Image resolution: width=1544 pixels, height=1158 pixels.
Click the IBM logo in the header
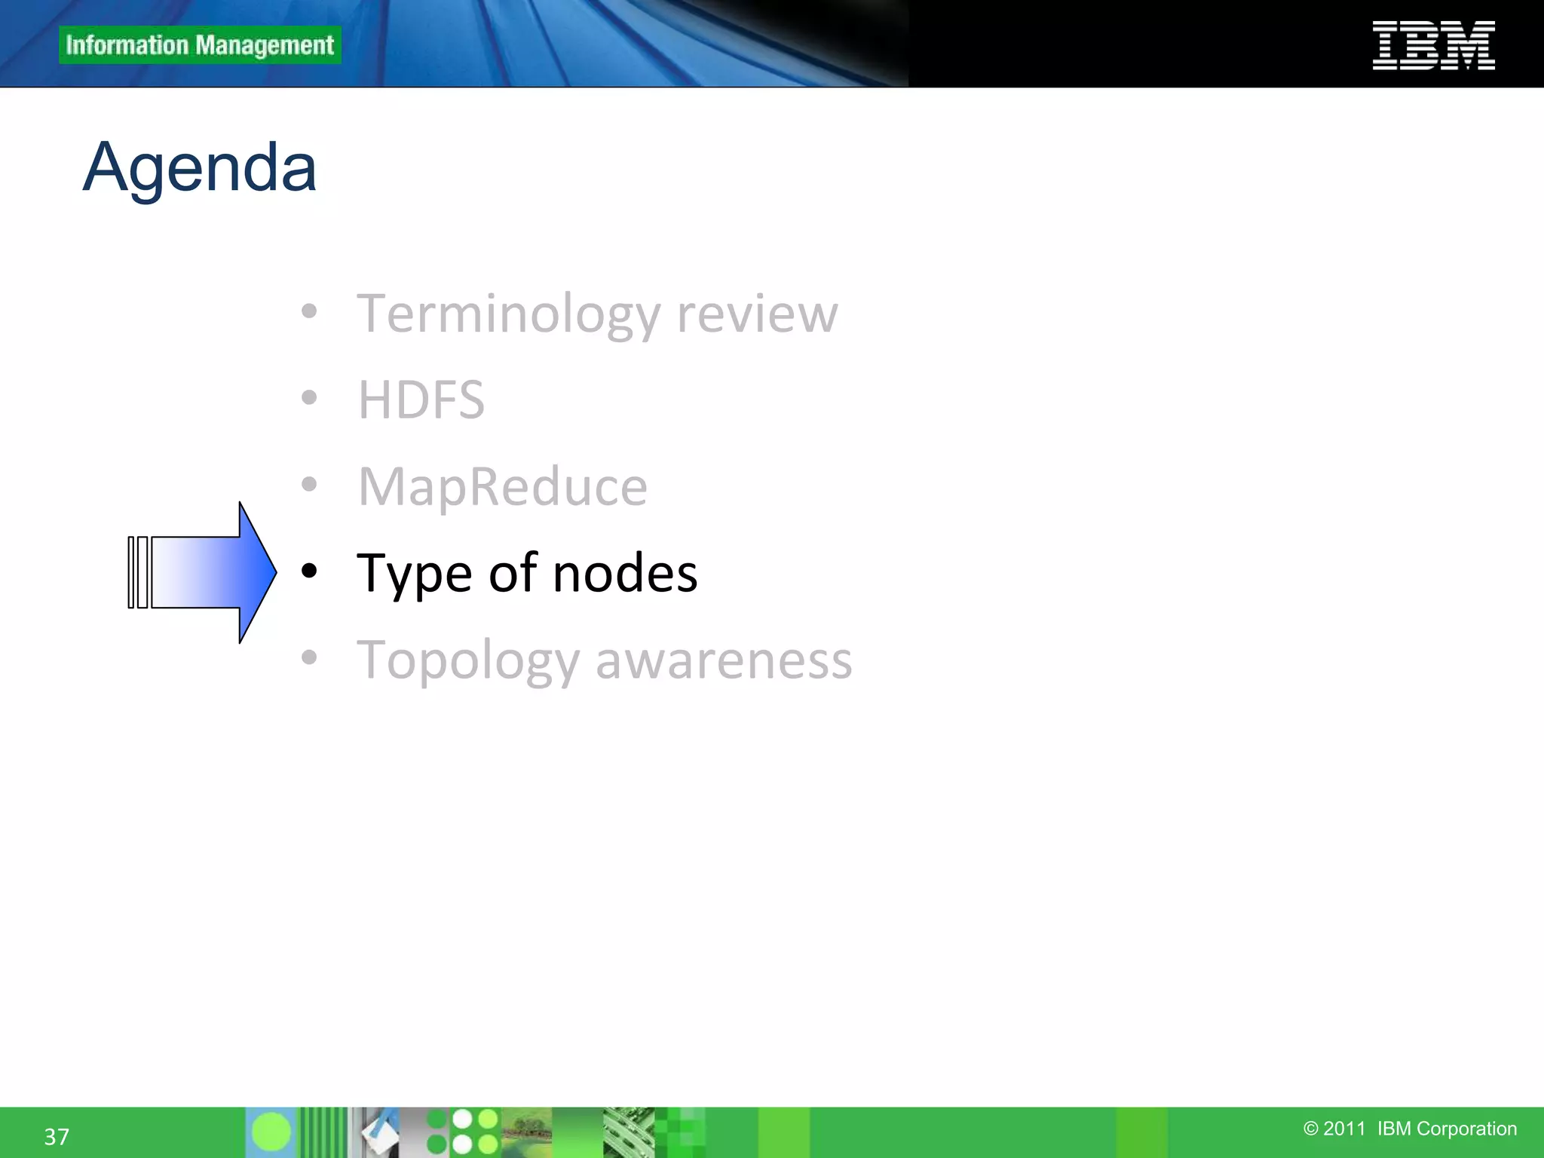tap(1433, 45)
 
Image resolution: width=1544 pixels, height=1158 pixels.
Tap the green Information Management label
tap(200, 45)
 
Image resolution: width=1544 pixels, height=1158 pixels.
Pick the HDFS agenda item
tap(421, 400)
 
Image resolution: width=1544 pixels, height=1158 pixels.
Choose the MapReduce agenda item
tap(502, 486)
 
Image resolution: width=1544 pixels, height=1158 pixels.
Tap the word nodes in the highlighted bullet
tap(625, 574)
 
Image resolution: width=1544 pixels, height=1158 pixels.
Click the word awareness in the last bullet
tap(724, 660)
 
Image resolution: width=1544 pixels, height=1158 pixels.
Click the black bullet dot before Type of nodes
tap(309, 571)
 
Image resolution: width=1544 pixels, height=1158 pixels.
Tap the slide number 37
tap(57, 1136)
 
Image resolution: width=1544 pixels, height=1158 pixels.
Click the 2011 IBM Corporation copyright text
tap(1410, 1129)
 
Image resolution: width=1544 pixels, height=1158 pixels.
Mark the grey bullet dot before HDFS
tap(309, 397)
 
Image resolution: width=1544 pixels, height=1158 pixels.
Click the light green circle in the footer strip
tap(271, 1132)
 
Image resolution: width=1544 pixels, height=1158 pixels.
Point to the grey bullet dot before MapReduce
tap(309, 484)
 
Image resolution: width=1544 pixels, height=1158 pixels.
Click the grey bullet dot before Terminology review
tap(309, 311)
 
